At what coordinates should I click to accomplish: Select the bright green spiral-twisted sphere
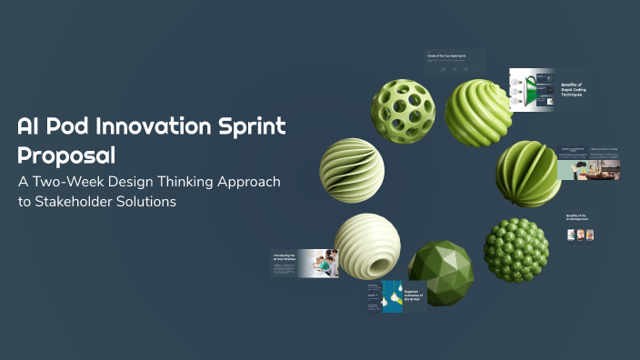coord(478,112)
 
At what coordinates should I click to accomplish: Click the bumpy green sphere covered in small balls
coord(515,249)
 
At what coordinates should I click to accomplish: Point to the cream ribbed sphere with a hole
coord(366,245)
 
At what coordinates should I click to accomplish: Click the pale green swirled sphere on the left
coord(352,170)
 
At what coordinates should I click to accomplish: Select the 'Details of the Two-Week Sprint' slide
coord(455,64)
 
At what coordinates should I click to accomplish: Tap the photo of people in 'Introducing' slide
coord(319,263)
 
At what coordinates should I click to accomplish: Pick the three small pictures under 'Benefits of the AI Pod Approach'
coord(581,235)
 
